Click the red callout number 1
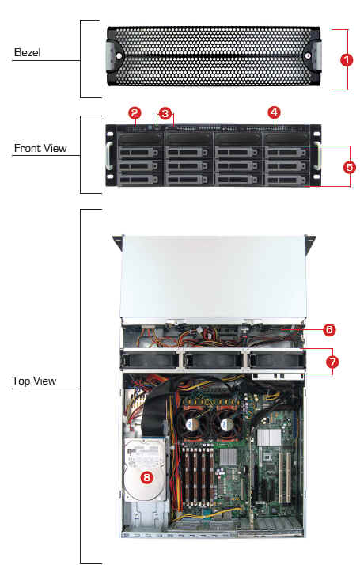347,59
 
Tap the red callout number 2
135,113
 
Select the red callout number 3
165,113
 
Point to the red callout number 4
274,112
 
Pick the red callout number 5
349,167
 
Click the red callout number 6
329,329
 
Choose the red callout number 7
332,362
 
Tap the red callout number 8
146,477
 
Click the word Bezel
27,52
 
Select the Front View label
40,148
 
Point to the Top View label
34,381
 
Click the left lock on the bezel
119,56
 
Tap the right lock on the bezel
308,55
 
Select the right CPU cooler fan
227,424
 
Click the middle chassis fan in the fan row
212,360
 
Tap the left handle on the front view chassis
109,156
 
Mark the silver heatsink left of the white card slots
269,438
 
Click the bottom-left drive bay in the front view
138,180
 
